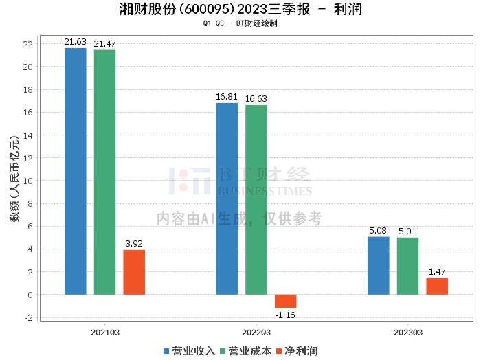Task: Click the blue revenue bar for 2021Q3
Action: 76,171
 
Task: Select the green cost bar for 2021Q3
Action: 104,172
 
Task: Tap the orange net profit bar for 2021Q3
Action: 134,272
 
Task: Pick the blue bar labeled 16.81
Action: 227,199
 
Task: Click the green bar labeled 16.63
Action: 256,200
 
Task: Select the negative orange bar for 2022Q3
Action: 286,301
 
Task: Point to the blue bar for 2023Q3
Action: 378,266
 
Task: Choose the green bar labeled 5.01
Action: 407,266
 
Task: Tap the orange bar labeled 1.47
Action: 437,286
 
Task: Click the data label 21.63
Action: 75,42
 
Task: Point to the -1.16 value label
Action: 285,315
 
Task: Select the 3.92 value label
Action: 134,243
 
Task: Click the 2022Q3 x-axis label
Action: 256,333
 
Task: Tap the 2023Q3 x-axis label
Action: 408,333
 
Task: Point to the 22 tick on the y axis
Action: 28,44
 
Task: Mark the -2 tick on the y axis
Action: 29,317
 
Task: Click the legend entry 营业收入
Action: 189,351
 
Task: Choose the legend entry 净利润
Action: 297,351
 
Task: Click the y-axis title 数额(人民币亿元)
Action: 14,179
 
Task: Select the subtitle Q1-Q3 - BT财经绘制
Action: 240,23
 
